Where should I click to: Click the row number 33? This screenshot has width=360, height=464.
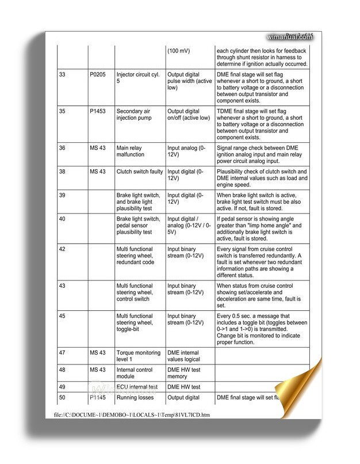click(62, 74)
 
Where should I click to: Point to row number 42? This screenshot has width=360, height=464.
click(62, 249)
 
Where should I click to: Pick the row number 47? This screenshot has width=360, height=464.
click(62, 352)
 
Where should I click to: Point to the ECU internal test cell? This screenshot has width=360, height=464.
click(137, 387)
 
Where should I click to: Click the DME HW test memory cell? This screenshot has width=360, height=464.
click(183, 373)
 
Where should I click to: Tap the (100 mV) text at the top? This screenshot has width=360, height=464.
click(178, 51)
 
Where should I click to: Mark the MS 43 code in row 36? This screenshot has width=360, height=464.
click(98, 148)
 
